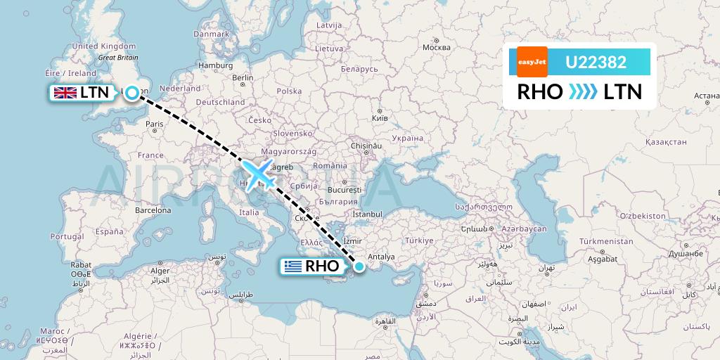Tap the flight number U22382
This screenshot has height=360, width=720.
[x=596, y=63]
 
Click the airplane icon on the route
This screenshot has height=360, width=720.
[x=259, y=173]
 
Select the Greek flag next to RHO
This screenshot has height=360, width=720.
[x=292, y=266]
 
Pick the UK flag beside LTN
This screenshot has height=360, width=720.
[x=65, y=92]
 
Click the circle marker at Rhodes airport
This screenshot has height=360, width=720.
[x=359, y=266]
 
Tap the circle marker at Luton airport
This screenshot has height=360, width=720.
[x=132, y=93]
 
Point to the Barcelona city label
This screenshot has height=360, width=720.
[x=154, y=210]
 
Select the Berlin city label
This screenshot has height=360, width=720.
[x=243, y=78]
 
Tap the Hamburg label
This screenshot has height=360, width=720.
[x=216, y=65]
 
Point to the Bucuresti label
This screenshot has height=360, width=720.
[x=344, y=190]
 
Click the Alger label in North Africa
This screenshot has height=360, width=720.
[x=161, y=271]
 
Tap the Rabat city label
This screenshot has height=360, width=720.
[x=81, y=265]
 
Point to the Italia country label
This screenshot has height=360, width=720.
[x=250, y=212]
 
